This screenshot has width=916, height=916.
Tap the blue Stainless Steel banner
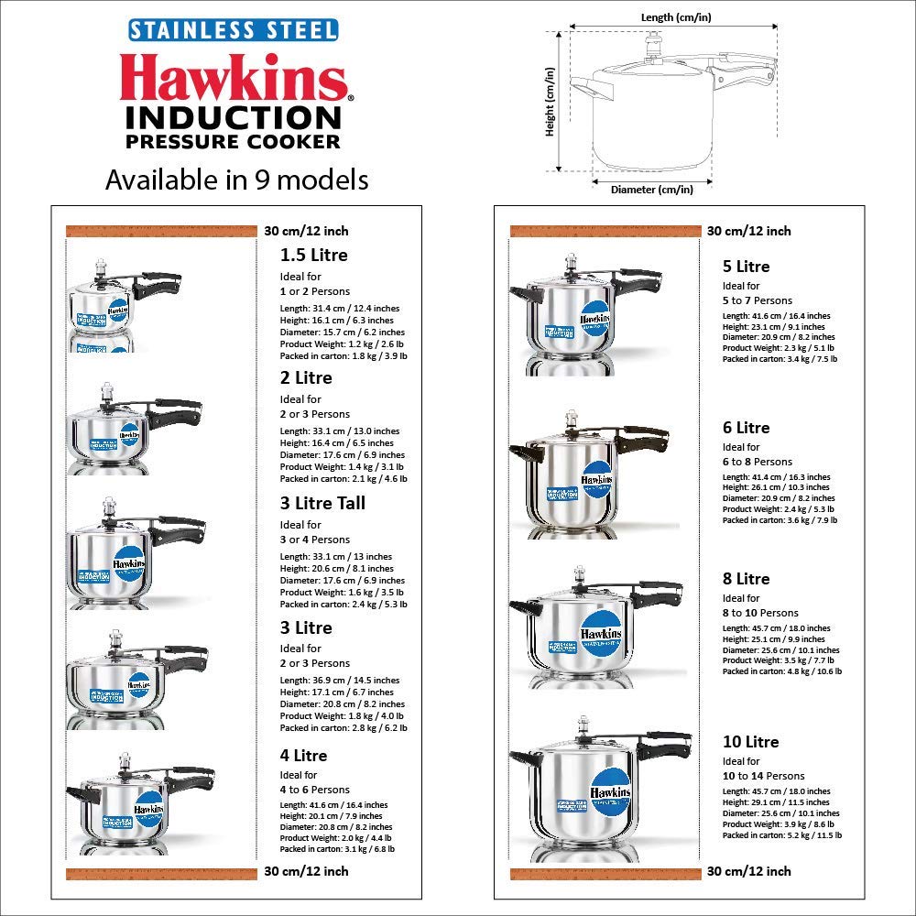click(x=233, y=29)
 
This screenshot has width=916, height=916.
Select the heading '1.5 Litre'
click(x=313, y=256)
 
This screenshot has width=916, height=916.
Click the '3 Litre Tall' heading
click(x=322, y=503)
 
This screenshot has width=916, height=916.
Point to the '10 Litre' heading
click(x=750, y=742)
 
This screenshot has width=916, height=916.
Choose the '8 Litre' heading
click(x=746, y=579)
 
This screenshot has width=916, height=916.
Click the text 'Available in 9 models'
click(x=236, y=180)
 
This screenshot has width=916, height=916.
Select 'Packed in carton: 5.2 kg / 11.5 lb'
click(x=781, y=835)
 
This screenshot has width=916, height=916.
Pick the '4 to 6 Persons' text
click(x=314, y=790)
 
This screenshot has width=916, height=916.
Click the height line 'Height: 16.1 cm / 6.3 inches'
click(x=336, y=321)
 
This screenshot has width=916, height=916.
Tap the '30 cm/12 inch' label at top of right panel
click(x=748, y=231)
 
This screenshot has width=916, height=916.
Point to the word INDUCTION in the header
click(x=233, y=118)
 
